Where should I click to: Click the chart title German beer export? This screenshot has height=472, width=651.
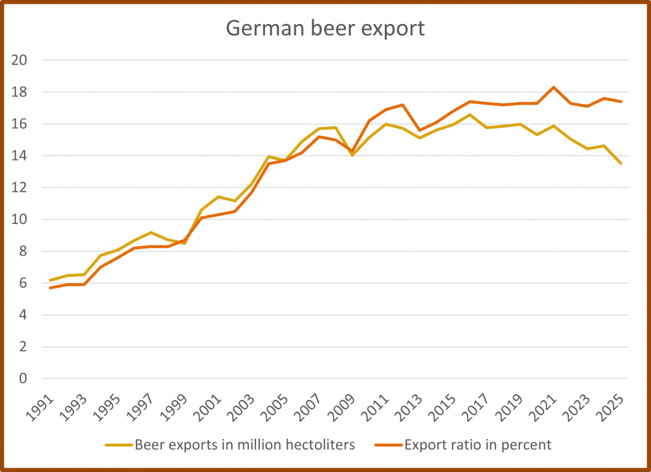pyautogui.click(x=325, y=28)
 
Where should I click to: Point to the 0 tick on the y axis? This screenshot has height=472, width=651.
pyautogui.click(x=23, y=379)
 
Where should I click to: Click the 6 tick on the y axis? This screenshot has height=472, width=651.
pyautogui.click(x=23, y=283)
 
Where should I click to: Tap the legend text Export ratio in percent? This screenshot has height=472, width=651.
pyautogui.click(x=478, y=445)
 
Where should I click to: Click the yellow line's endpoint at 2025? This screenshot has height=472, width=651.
pyautogui.click(x=621, y=163)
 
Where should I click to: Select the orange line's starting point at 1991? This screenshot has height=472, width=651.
pyautogui.click(x=51, y=288)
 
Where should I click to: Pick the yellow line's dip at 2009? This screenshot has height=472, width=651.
pyautogui.click(x=352, y=155)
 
